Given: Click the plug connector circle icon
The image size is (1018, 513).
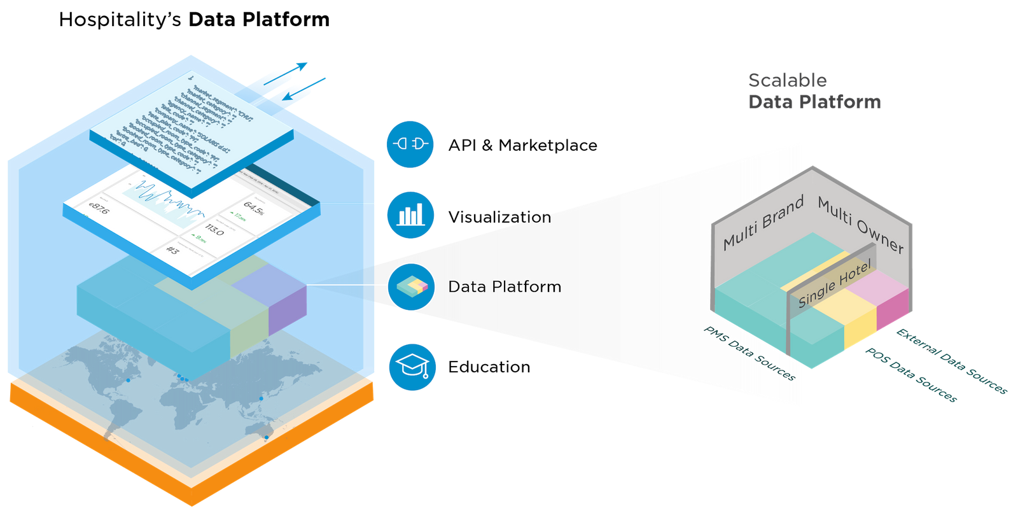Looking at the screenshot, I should (410, 144).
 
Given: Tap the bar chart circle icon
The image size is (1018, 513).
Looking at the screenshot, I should (410, 215).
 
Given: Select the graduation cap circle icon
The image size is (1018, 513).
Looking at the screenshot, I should (412, 367).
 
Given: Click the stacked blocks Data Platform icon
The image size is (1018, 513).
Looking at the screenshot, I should (412, 287).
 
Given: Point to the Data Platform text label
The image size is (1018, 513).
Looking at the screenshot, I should (505, 287).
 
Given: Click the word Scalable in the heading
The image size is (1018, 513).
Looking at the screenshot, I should (788, 80).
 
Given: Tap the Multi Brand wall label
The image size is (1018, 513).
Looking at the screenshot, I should (763, 222).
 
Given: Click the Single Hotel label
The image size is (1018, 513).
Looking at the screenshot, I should (834, 285).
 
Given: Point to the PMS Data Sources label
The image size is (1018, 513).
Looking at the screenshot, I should (750, 354).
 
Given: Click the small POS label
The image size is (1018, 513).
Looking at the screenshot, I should (921, 351).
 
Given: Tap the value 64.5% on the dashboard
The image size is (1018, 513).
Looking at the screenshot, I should (253, 208).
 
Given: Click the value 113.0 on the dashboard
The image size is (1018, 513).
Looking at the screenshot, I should (214, 230).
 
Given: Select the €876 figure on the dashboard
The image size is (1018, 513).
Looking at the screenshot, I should (99, 208).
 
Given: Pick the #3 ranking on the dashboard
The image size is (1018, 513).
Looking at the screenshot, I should (172, 250).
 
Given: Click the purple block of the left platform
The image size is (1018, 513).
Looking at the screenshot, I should (286, 309).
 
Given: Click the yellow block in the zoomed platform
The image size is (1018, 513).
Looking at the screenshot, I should (860, 321).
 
